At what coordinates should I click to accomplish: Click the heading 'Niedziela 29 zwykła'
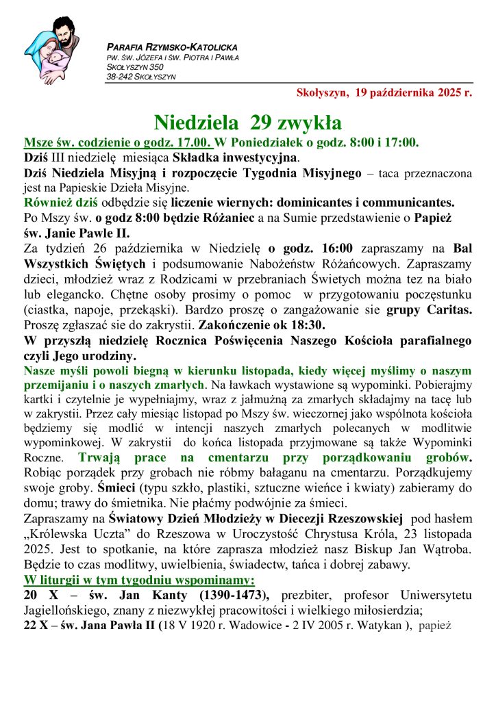pos(247,123)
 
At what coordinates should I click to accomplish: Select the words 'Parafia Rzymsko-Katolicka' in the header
pos(172,47)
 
